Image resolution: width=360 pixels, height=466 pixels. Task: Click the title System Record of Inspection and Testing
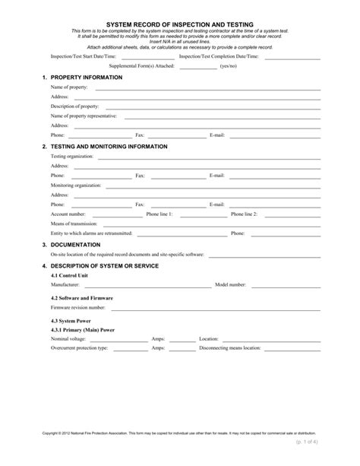179,25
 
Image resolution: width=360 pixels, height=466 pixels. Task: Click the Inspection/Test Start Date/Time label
84,56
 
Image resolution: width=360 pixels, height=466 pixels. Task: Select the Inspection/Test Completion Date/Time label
219,56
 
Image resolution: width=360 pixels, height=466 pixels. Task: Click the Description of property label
75,106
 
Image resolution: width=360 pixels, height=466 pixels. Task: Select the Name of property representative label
84,116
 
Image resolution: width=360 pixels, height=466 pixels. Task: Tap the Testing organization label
72,156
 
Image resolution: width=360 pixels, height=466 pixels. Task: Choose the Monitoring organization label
76,185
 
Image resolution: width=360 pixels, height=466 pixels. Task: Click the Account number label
68,214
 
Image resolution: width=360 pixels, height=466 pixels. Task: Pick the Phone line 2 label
244,214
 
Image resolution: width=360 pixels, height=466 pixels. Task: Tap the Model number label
230,284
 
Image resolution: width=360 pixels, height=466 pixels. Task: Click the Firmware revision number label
78,308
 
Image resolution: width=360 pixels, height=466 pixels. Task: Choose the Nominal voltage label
69,338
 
